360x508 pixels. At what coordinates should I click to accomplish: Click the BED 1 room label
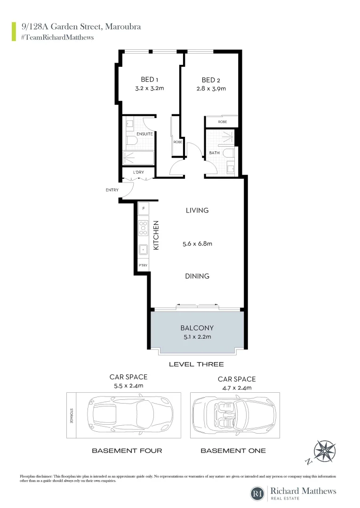coord(149,79)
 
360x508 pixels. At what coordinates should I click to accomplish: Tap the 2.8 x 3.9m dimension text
coord(210,88)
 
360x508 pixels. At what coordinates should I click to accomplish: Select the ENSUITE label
coord(144,134)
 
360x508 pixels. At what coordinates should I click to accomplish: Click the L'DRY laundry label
coord(138,173)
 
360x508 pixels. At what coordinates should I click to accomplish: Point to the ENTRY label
coord(112,190)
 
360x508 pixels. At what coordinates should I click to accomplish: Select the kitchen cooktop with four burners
coord(143,228)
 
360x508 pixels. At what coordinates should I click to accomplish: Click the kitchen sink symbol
coord(143,249)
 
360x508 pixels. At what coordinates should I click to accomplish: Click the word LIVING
coord(197,210)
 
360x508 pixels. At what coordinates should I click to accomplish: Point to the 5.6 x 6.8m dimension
coord(197,244)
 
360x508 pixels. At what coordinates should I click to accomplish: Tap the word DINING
coord(197,276)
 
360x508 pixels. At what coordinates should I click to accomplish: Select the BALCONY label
coord(197,328)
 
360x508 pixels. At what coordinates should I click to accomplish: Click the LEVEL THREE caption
coord(196,364)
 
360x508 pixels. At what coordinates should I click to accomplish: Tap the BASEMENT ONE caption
coord(233,451)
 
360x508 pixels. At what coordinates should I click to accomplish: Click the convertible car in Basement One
coord(234,415)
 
